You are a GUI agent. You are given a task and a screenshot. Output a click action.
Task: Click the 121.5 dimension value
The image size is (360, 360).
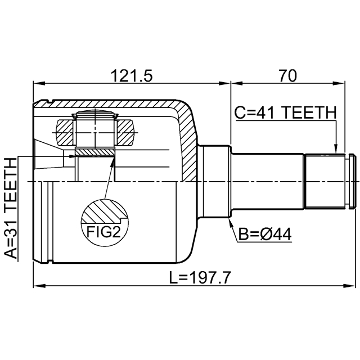coord(132,75)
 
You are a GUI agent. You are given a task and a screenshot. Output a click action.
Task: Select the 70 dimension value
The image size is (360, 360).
coord(287,75)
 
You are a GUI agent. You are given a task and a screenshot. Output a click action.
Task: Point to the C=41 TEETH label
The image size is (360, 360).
coord(285,112)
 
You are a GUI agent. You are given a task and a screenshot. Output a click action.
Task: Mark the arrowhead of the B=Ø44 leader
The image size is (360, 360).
coord(231,222)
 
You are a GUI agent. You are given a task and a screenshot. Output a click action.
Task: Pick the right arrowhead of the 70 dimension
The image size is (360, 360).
coord(341,85)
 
